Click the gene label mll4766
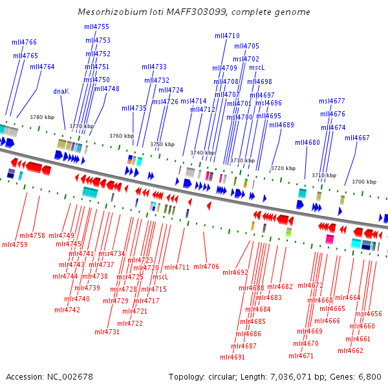(x=24, y=42)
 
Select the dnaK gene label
(x=61, y=91)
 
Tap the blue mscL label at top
(x=257, y=67)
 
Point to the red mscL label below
(x=160, y=277)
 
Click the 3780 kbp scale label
(x=42, y=117)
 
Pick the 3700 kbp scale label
(x=363, y=182)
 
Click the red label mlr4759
(x=15, y=244)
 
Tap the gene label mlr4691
(x=232, y=357)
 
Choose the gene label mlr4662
(x=350, y=350)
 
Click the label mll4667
(x=357, y=138)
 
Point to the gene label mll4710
(x=227, y=36)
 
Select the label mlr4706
(x=206, y=266)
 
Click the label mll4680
(x=308, y=142)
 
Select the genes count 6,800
(x=369, y=376)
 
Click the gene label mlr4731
(x=107, y=332)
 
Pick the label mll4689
(x=281, y=125)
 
